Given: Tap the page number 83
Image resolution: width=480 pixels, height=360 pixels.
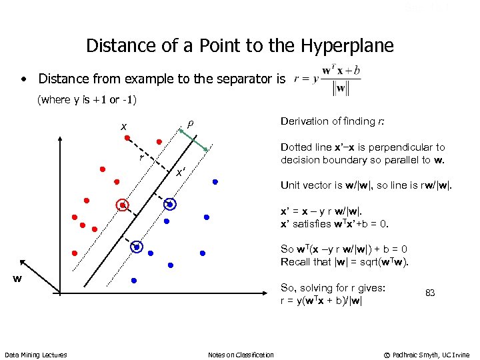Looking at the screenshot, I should pos(430,293).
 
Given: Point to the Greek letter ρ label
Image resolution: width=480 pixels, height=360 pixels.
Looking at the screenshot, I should pos(189,123).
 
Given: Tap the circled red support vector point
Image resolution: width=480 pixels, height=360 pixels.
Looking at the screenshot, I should pos(122,205).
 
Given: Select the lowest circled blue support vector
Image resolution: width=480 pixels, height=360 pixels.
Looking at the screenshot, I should pos(137,247).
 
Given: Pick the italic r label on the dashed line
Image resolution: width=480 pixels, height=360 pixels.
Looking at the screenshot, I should pos(141,158).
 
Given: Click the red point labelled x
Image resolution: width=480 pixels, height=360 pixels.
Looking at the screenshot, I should pos(127,138).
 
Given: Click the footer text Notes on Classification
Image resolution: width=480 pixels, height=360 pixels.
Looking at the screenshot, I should pos(241,355).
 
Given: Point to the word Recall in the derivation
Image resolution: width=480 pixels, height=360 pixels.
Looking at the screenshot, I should pos(296,261).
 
